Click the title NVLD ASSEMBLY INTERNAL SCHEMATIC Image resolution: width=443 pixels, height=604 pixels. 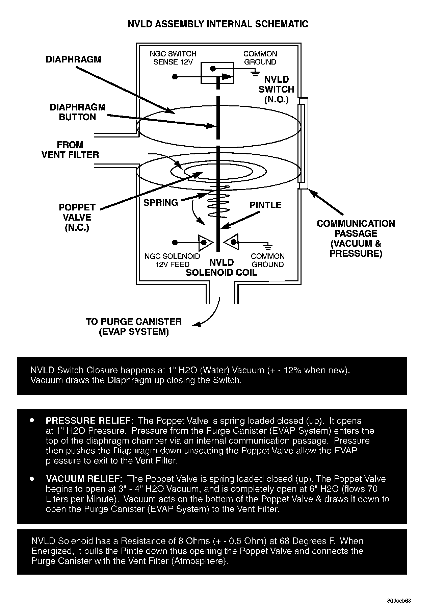pos(218,24)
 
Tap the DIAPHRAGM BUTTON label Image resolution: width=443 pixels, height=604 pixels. pos(77,112)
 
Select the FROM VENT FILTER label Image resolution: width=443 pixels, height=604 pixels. pos(70,150)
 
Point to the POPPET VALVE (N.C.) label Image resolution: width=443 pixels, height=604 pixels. pos(77,218)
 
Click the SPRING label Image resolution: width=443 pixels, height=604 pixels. pos(160,203)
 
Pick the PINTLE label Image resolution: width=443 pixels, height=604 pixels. pos(265,205)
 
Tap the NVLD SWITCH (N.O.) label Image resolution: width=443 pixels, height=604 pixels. pos(277,90)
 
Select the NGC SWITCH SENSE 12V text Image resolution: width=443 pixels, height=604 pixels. pos(173,58)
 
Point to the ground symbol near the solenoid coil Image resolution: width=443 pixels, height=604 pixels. pos(269,247)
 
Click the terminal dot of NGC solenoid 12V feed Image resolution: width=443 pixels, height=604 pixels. pos(175,243)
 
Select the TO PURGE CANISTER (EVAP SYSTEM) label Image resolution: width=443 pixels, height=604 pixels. pos(134,326)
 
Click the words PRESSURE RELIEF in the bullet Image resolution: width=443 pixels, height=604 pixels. pos(90,421)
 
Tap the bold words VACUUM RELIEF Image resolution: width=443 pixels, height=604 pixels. pos(84,479)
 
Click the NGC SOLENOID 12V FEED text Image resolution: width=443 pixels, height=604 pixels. pos(172,260)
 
